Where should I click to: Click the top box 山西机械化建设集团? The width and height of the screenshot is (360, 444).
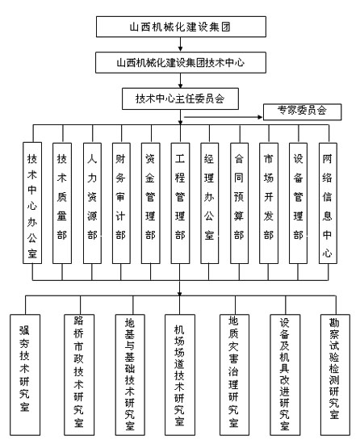click(x=181, y=27)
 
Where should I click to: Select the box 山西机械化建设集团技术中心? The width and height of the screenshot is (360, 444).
click(x=181, y=62)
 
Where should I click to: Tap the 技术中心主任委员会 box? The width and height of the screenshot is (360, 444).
click(x=180, y=98)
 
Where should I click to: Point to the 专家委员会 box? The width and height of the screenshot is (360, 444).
click(x=302, y=112)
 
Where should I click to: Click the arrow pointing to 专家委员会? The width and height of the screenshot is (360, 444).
click(x=224, y=117)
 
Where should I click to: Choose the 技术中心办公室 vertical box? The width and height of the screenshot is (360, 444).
click(x=32, y=203)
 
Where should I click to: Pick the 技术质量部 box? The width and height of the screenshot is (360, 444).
click(x=62, y=203)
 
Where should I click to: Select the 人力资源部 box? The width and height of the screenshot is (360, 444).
click(x=92, y=203)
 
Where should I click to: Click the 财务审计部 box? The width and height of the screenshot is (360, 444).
click(x=121, y=203)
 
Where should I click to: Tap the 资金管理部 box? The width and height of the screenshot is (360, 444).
click(x=151, y=203)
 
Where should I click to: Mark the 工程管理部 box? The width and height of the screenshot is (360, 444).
click(x=180, y=203)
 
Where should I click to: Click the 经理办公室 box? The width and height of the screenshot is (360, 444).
click(x=209, y=203)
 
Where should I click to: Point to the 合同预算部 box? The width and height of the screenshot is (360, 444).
click(x=239, y=203)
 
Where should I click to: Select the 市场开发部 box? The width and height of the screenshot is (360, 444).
click(x=269, y=203)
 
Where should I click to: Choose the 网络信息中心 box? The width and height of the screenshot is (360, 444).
click(x=328, y=203)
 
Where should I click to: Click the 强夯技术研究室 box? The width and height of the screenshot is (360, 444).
click(x=25, y=375)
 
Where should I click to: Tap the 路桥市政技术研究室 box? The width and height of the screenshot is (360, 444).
click(x=79, y=375)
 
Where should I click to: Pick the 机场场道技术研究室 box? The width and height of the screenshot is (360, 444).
click(x=180, y=375)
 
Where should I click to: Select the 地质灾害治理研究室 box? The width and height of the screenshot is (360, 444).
click(x=234, y=375)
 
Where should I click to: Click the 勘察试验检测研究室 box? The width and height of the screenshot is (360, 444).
click(x=335, y=375)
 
